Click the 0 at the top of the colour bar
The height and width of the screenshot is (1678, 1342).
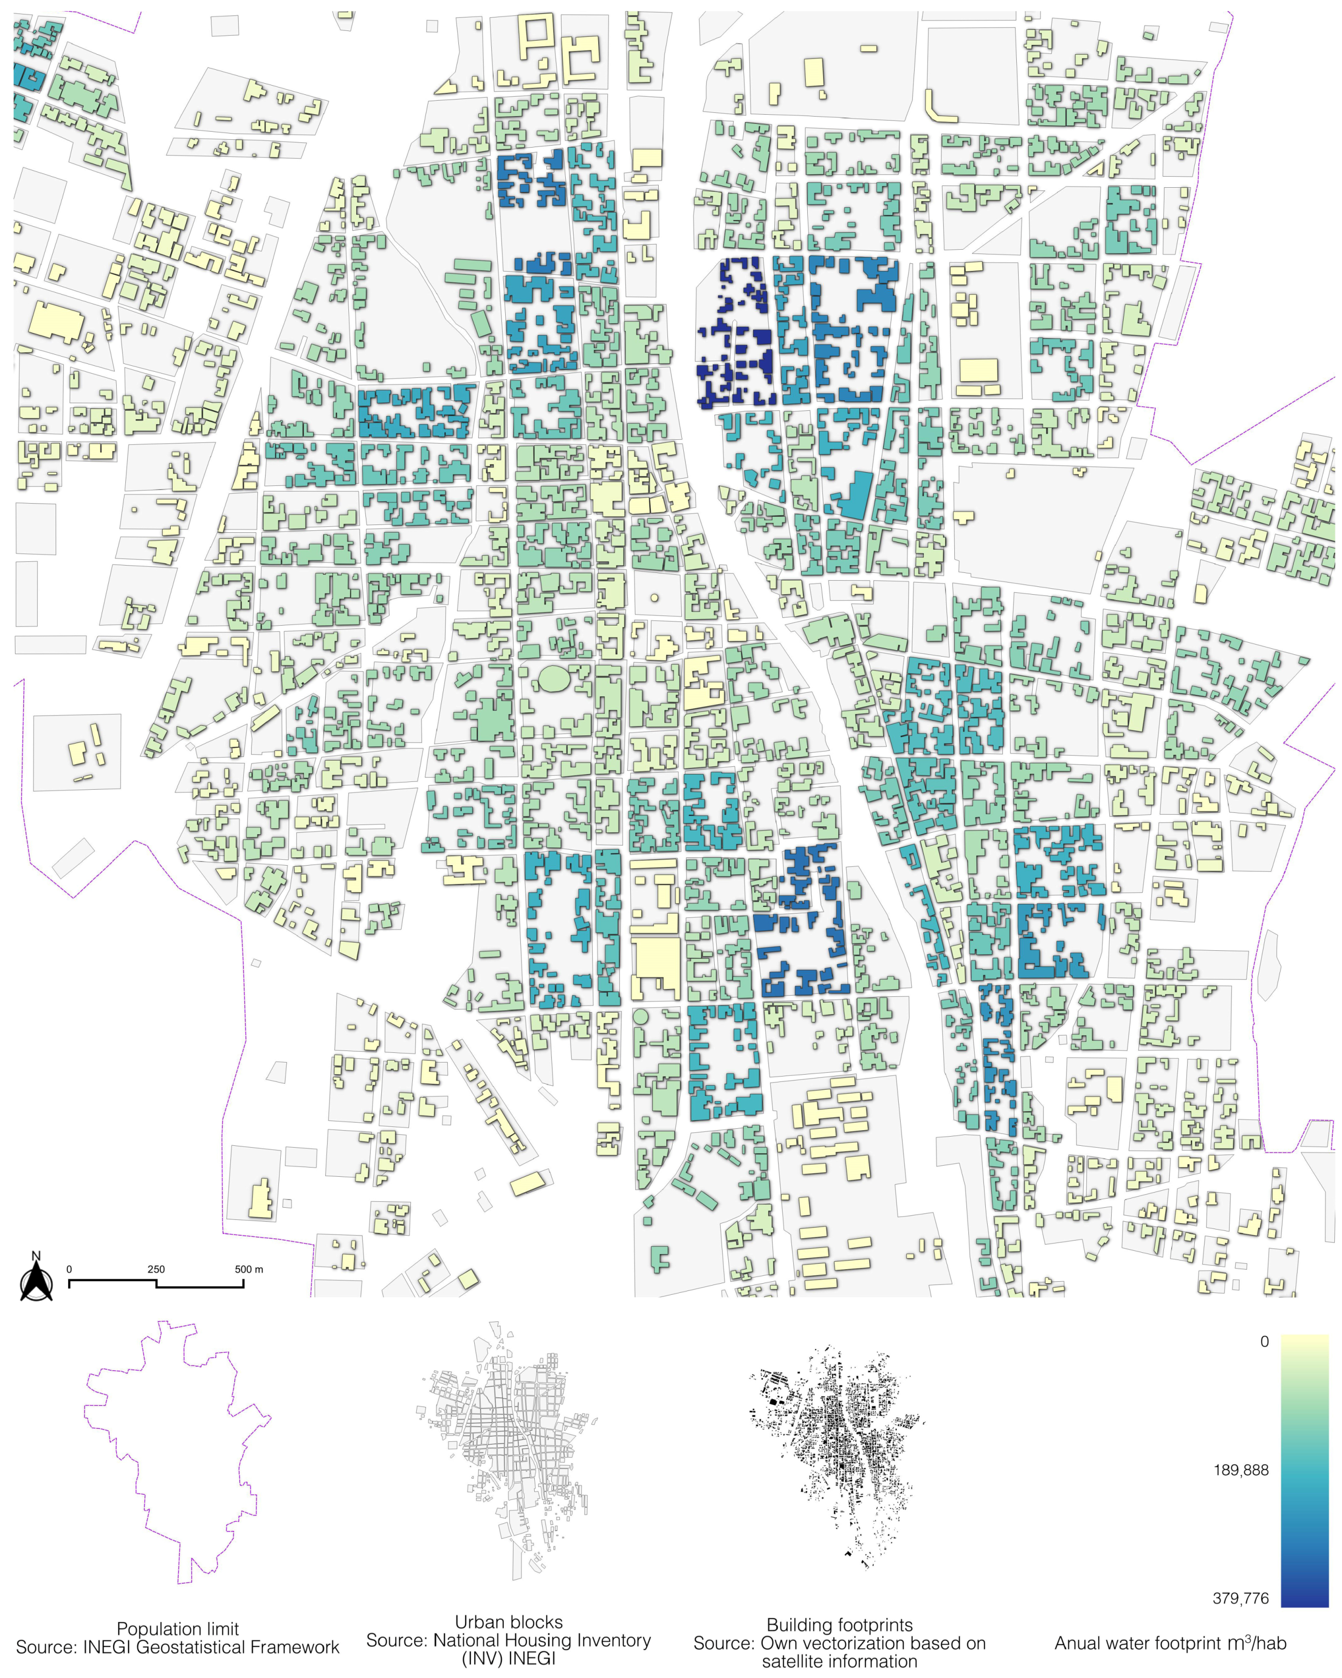(x=1264, y=1342)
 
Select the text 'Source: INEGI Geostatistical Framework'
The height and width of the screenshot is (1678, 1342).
(x=178, y=1647)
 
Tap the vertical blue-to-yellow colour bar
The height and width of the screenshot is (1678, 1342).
(x=1305, y=1470)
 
